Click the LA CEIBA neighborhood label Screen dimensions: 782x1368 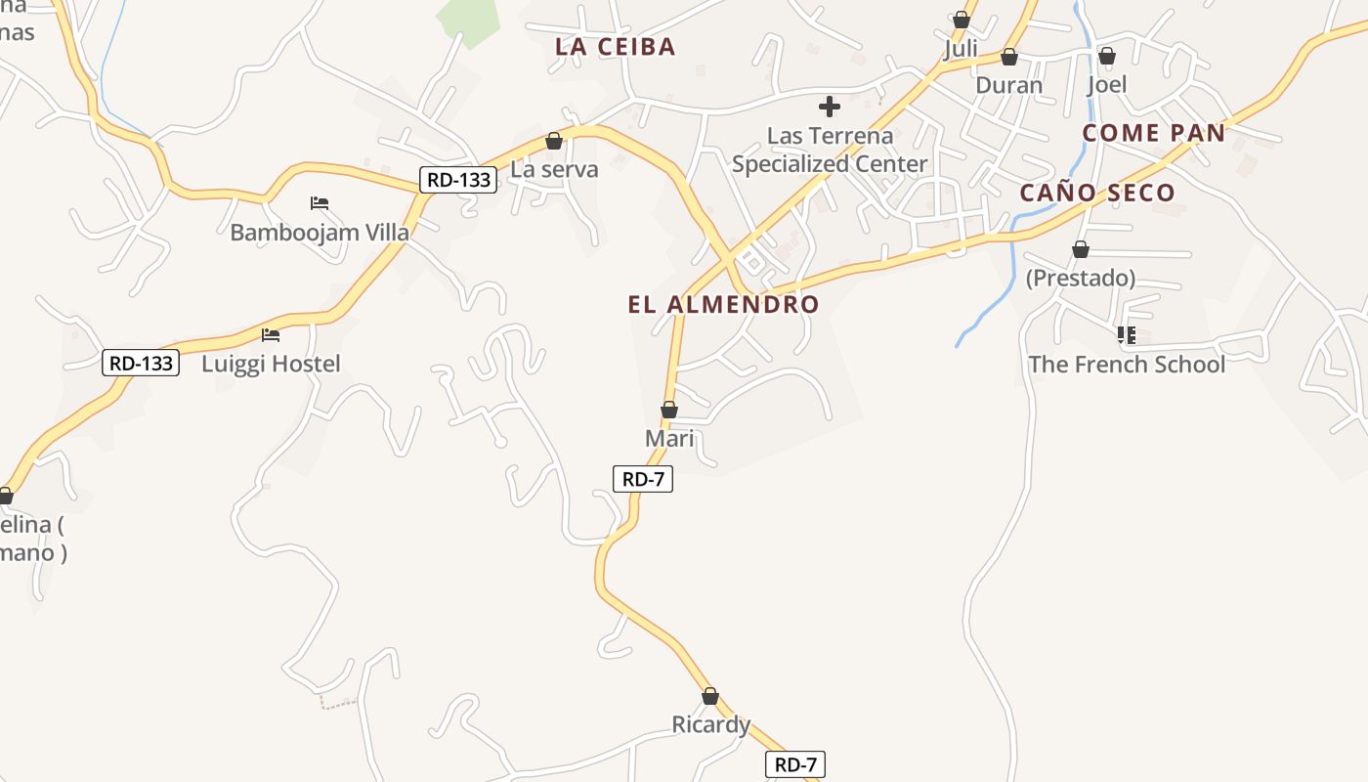point(615,46)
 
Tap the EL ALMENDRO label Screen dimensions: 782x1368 point(723,304)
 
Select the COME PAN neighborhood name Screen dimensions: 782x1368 point(1154,133)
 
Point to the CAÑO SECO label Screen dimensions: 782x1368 point(1097,193)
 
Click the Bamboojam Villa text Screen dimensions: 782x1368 point(320,233)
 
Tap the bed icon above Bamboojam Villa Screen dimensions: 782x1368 point(320,203)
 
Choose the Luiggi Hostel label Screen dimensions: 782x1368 point(271,365)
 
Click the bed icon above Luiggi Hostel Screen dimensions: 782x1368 point(271,335)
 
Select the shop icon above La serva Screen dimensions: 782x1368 point(554,141)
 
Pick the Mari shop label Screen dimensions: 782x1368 point(669,439)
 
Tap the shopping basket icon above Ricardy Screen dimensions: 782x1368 point(710,696)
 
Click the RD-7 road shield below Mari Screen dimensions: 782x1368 point(643,479)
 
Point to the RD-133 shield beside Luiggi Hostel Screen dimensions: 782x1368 point(141,364)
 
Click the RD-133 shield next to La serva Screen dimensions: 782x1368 point(458,180)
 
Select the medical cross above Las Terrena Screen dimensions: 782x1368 point(829,106)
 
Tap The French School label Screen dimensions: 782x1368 point(1127,365)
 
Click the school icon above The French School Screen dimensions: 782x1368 point(1126,335)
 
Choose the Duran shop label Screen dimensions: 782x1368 point(1009,85)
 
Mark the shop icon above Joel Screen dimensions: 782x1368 point(1107,56)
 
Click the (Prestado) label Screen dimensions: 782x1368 point(1080,279)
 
